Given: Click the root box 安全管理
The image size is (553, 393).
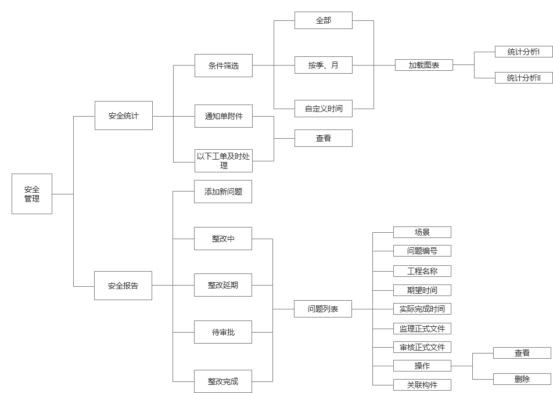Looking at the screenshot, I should coord(32,194).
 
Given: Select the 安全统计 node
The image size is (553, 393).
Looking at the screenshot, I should coord(124,116).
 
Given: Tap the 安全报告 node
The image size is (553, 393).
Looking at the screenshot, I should coord(123,286).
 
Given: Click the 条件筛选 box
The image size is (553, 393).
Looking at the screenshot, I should coord(224,66).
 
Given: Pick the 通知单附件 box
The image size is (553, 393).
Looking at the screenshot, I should coord(224,116).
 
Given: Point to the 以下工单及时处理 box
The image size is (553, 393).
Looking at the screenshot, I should coord(224,161).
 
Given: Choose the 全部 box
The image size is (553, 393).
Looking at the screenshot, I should coord(324,20).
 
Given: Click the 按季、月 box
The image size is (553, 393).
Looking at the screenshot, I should coord(324,66).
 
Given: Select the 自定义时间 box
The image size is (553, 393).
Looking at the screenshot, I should coord(324,109).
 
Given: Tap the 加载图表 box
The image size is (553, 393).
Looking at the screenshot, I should coord(423,66).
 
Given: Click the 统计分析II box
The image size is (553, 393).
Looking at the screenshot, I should coord(523,78).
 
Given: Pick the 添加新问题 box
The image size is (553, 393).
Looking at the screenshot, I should coord(223,192).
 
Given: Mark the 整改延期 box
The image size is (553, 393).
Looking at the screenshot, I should coord(223,285).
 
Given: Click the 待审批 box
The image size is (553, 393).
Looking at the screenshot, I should coord(223,332).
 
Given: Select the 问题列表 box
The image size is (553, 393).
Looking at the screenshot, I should coord(323,309).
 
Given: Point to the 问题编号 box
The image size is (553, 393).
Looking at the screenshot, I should coord(422,251).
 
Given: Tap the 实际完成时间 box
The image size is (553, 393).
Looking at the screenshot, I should coord(422,309).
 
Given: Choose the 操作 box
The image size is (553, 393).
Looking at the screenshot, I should coord(422,366).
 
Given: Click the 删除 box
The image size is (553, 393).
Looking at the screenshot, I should coord(522,379).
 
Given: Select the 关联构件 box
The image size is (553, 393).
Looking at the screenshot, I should coord(422,385).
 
